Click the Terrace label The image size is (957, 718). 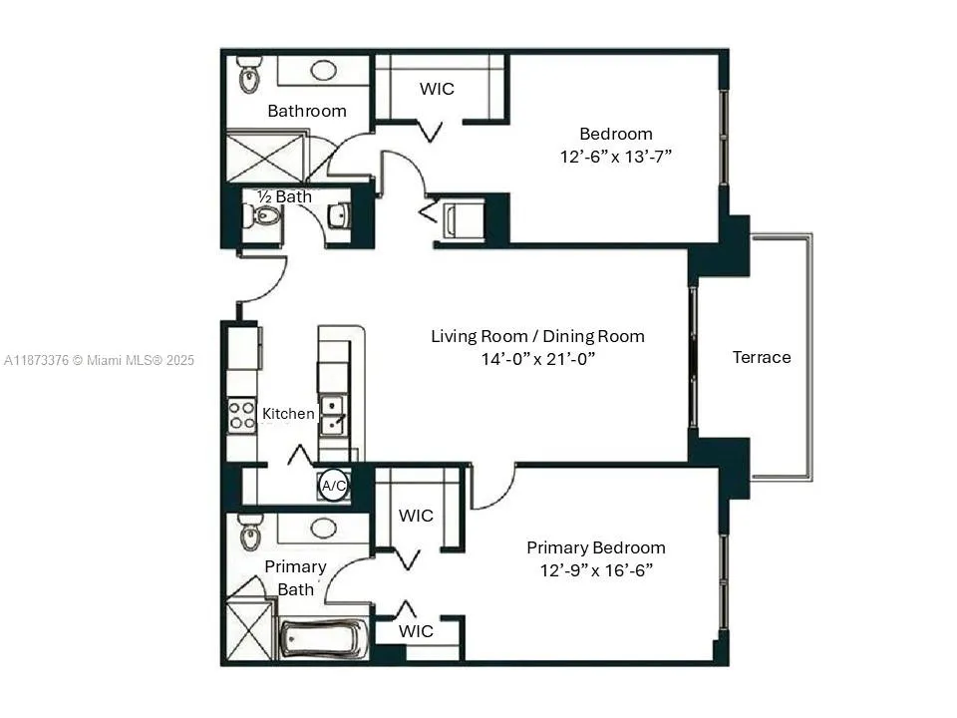pos(761,357)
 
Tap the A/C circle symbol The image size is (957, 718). pos(333,486)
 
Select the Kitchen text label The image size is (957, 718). pos(288,413)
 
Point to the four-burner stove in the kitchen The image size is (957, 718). pos(241,414)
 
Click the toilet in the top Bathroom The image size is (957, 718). pos(248,75)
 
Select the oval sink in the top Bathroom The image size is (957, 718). pos(323,71)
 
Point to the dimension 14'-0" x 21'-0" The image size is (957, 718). pos(537,359)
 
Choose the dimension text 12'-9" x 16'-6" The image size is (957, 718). pos(595,570)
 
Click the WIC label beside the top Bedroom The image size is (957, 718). pos(437,89)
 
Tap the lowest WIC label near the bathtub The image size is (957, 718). pos(416,631)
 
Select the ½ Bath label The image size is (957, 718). pos(284,196)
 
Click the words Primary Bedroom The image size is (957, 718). pos(595,547)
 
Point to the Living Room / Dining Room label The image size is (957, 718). pos(537,336)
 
